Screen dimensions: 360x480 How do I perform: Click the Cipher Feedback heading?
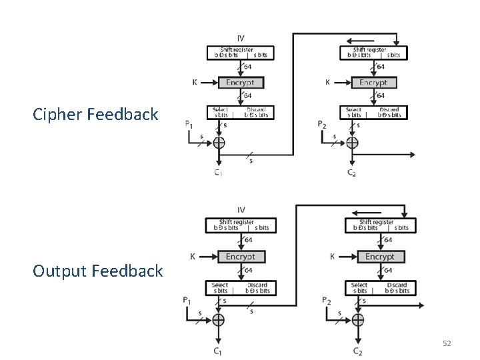point(96,114)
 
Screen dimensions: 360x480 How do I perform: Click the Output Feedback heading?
point(97,271)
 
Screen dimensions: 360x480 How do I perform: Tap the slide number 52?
point(447,343)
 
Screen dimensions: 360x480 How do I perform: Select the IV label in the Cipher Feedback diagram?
point(241,37)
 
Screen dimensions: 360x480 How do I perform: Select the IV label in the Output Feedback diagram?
point(241,211)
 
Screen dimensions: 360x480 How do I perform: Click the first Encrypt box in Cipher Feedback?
point(241,83)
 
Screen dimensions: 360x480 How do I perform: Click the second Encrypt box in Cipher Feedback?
point(374,83)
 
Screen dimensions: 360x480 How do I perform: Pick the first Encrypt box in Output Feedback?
point(241,257)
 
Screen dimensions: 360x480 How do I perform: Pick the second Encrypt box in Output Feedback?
point(380,257)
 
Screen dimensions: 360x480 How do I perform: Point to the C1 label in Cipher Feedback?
point(218,173)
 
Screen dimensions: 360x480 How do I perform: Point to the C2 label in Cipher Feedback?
point(351,173)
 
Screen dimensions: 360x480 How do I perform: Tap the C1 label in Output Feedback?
point(218,351)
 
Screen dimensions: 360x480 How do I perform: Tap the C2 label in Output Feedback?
point(359,351)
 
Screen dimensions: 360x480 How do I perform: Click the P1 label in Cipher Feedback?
point(189,124)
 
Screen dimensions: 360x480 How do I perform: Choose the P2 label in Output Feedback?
point(326,301)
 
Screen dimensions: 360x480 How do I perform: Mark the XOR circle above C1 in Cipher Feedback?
point(218,142)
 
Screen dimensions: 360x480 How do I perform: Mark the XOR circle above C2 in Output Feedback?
point(358,320)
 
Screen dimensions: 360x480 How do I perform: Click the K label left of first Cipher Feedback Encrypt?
point(194,83)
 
